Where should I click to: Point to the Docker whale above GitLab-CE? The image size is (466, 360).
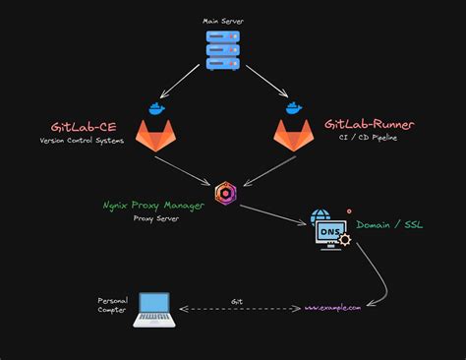[x=153, y=108]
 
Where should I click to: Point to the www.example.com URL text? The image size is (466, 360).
[x=332, y=307]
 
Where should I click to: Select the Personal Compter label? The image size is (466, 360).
[x=111, y=305]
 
